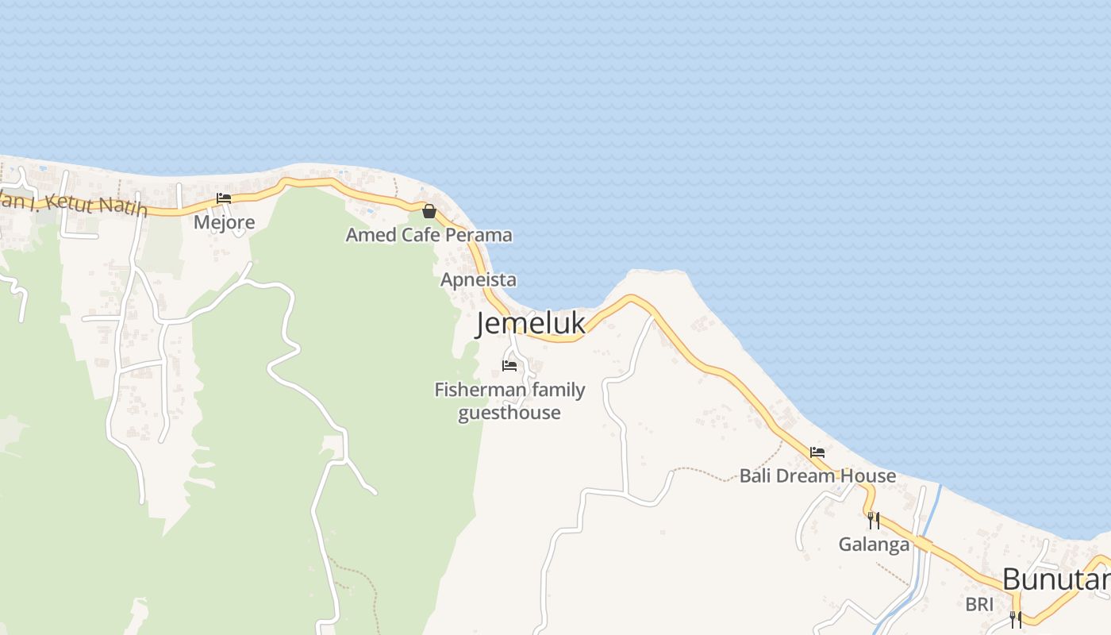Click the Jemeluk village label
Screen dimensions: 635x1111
(x=531, y=324)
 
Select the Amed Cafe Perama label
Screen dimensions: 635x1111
(x=429, y=235)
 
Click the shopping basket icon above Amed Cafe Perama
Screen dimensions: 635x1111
(x=429, y=211)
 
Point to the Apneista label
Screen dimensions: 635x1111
(x=479, y=279)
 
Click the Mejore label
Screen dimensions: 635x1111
(x=225, y=221)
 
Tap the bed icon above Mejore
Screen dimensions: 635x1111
(x=224, y=198)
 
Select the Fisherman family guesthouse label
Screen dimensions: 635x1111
(x=509, y=401)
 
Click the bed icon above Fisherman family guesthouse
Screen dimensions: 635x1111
(x=509, y=366)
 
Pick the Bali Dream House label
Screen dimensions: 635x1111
(x=817, y=476)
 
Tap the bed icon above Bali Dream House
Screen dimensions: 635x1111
(x=817, y=452)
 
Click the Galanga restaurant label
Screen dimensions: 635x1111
(x=874, y=545)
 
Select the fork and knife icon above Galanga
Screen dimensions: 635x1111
(x=873, y=521)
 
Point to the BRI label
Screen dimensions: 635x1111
(x=979, y=604)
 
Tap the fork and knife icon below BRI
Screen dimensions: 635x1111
(x=1015, y=620)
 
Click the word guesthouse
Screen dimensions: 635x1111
(x=509, y=413)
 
